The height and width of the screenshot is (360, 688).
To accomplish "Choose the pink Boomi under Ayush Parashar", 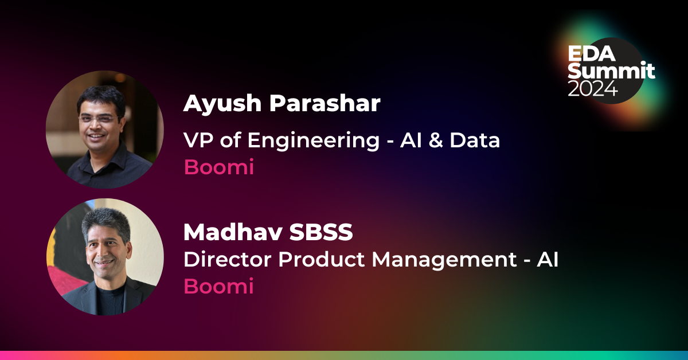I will coord(218,167).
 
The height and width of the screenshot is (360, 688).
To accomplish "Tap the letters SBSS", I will coord(323,232).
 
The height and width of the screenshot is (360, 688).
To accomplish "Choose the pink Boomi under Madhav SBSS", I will coord(218,287).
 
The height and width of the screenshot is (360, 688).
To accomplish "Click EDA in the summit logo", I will coord(591,54).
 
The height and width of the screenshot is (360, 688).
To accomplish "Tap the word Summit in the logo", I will coord(611,71).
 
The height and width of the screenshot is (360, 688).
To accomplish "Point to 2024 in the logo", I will coord(593,88).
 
